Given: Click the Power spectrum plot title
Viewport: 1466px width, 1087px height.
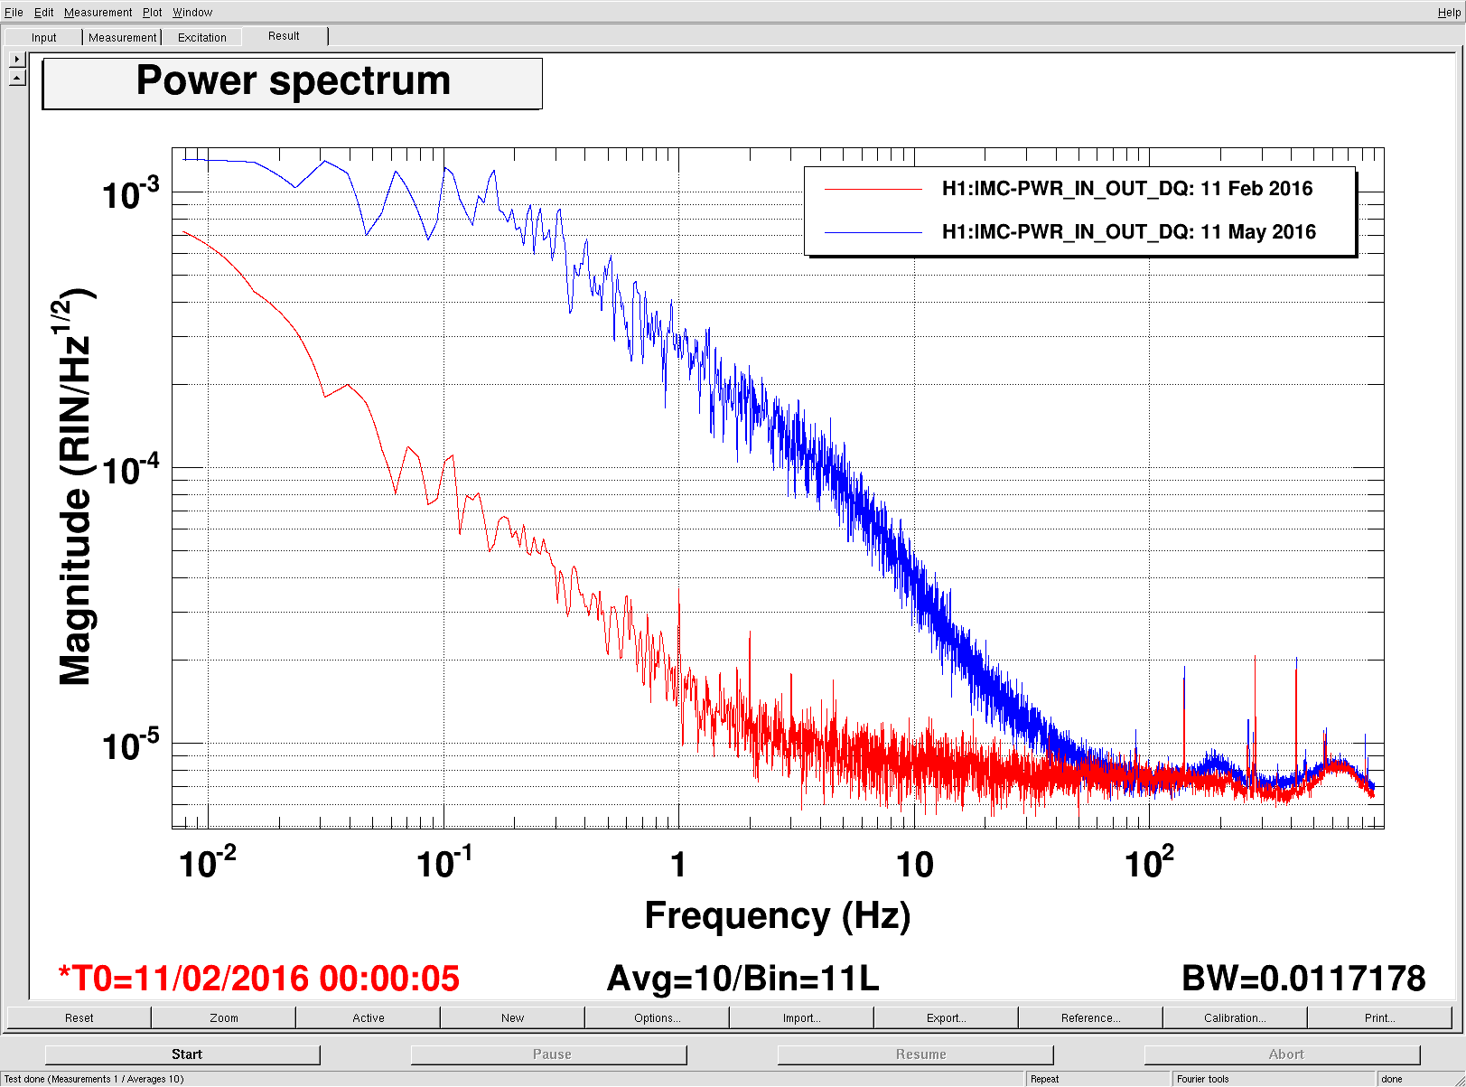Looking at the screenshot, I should coord(293,82).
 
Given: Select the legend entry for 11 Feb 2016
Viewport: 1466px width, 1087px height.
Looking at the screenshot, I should coord(1126,189).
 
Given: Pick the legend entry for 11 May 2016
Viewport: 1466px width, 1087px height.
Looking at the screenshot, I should coord(1128,232).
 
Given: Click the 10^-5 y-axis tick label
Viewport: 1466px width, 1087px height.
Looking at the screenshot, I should coord(131,746).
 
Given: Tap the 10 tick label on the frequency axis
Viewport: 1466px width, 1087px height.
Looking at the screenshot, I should coord(914,866).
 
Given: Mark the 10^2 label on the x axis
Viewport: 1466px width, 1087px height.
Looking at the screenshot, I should coord(1149,863).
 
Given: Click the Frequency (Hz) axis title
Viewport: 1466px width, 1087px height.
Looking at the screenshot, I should coord(777,915).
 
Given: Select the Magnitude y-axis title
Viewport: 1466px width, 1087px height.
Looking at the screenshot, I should coord(77,488).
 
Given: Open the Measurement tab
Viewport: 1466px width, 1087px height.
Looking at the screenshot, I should coord(122,37).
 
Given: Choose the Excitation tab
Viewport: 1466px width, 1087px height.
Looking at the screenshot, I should coord(202,37).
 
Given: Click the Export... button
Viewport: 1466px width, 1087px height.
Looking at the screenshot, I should coord(946,1017).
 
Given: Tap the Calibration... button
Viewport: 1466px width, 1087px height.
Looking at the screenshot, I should coord(1235,1017).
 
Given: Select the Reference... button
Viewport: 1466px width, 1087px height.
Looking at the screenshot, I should coord(1090,1017).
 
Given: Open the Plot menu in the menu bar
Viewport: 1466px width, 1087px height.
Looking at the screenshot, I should coord(152,13).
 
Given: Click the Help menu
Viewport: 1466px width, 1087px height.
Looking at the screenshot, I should coord(1448,13).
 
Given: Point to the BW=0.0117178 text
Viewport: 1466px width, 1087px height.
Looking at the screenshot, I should coord(1303,979).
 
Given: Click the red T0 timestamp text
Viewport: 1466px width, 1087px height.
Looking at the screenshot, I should coord(259,979).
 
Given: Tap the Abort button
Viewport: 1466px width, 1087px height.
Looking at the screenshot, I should coord(1285,1054).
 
